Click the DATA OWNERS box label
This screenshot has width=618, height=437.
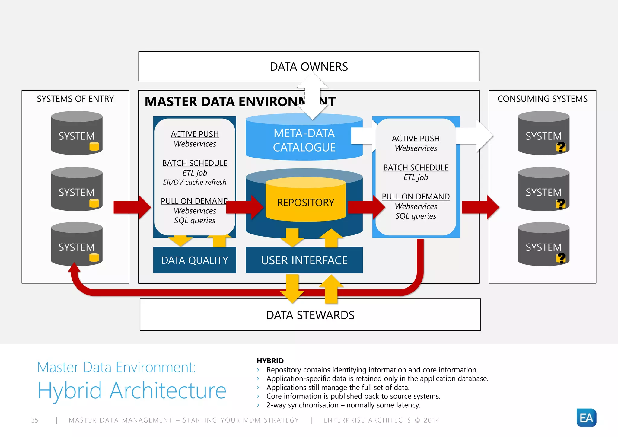tap(309, 67)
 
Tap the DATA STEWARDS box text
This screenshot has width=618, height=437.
tap(310, 315)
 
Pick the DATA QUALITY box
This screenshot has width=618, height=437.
tap(195, 260)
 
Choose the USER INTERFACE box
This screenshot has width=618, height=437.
tap(304, 260)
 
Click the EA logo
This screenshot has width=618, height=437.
tap(586, 418)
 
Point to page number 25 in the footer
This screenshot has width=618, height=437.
tap(35, 420)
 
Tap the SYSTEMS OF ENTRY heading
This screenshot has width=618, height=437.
tap(75, 99)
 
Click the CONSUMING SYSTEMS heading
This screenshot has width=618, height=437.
tap(542, 99)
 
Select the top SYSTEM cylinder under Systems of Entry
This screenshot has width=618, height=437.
tap(77, 133)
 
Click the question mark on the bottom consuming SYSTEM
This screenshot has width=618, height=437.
tap(561, 258)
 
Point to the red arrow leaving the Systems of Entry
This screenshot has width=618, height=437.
tap(132, 207)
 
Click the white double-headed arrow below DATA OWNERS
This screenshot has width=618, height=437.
tap(312, 96)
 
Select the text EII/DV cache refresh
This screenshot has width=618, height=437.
tap(195, 182)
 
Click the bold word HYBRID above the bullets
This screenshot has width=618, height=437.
tap(270, 361)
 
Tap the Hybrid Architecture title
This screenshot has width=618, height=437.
tap(132, 391)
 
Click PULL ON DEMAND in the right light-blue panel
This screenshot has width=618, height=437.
tap(416, 197)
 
